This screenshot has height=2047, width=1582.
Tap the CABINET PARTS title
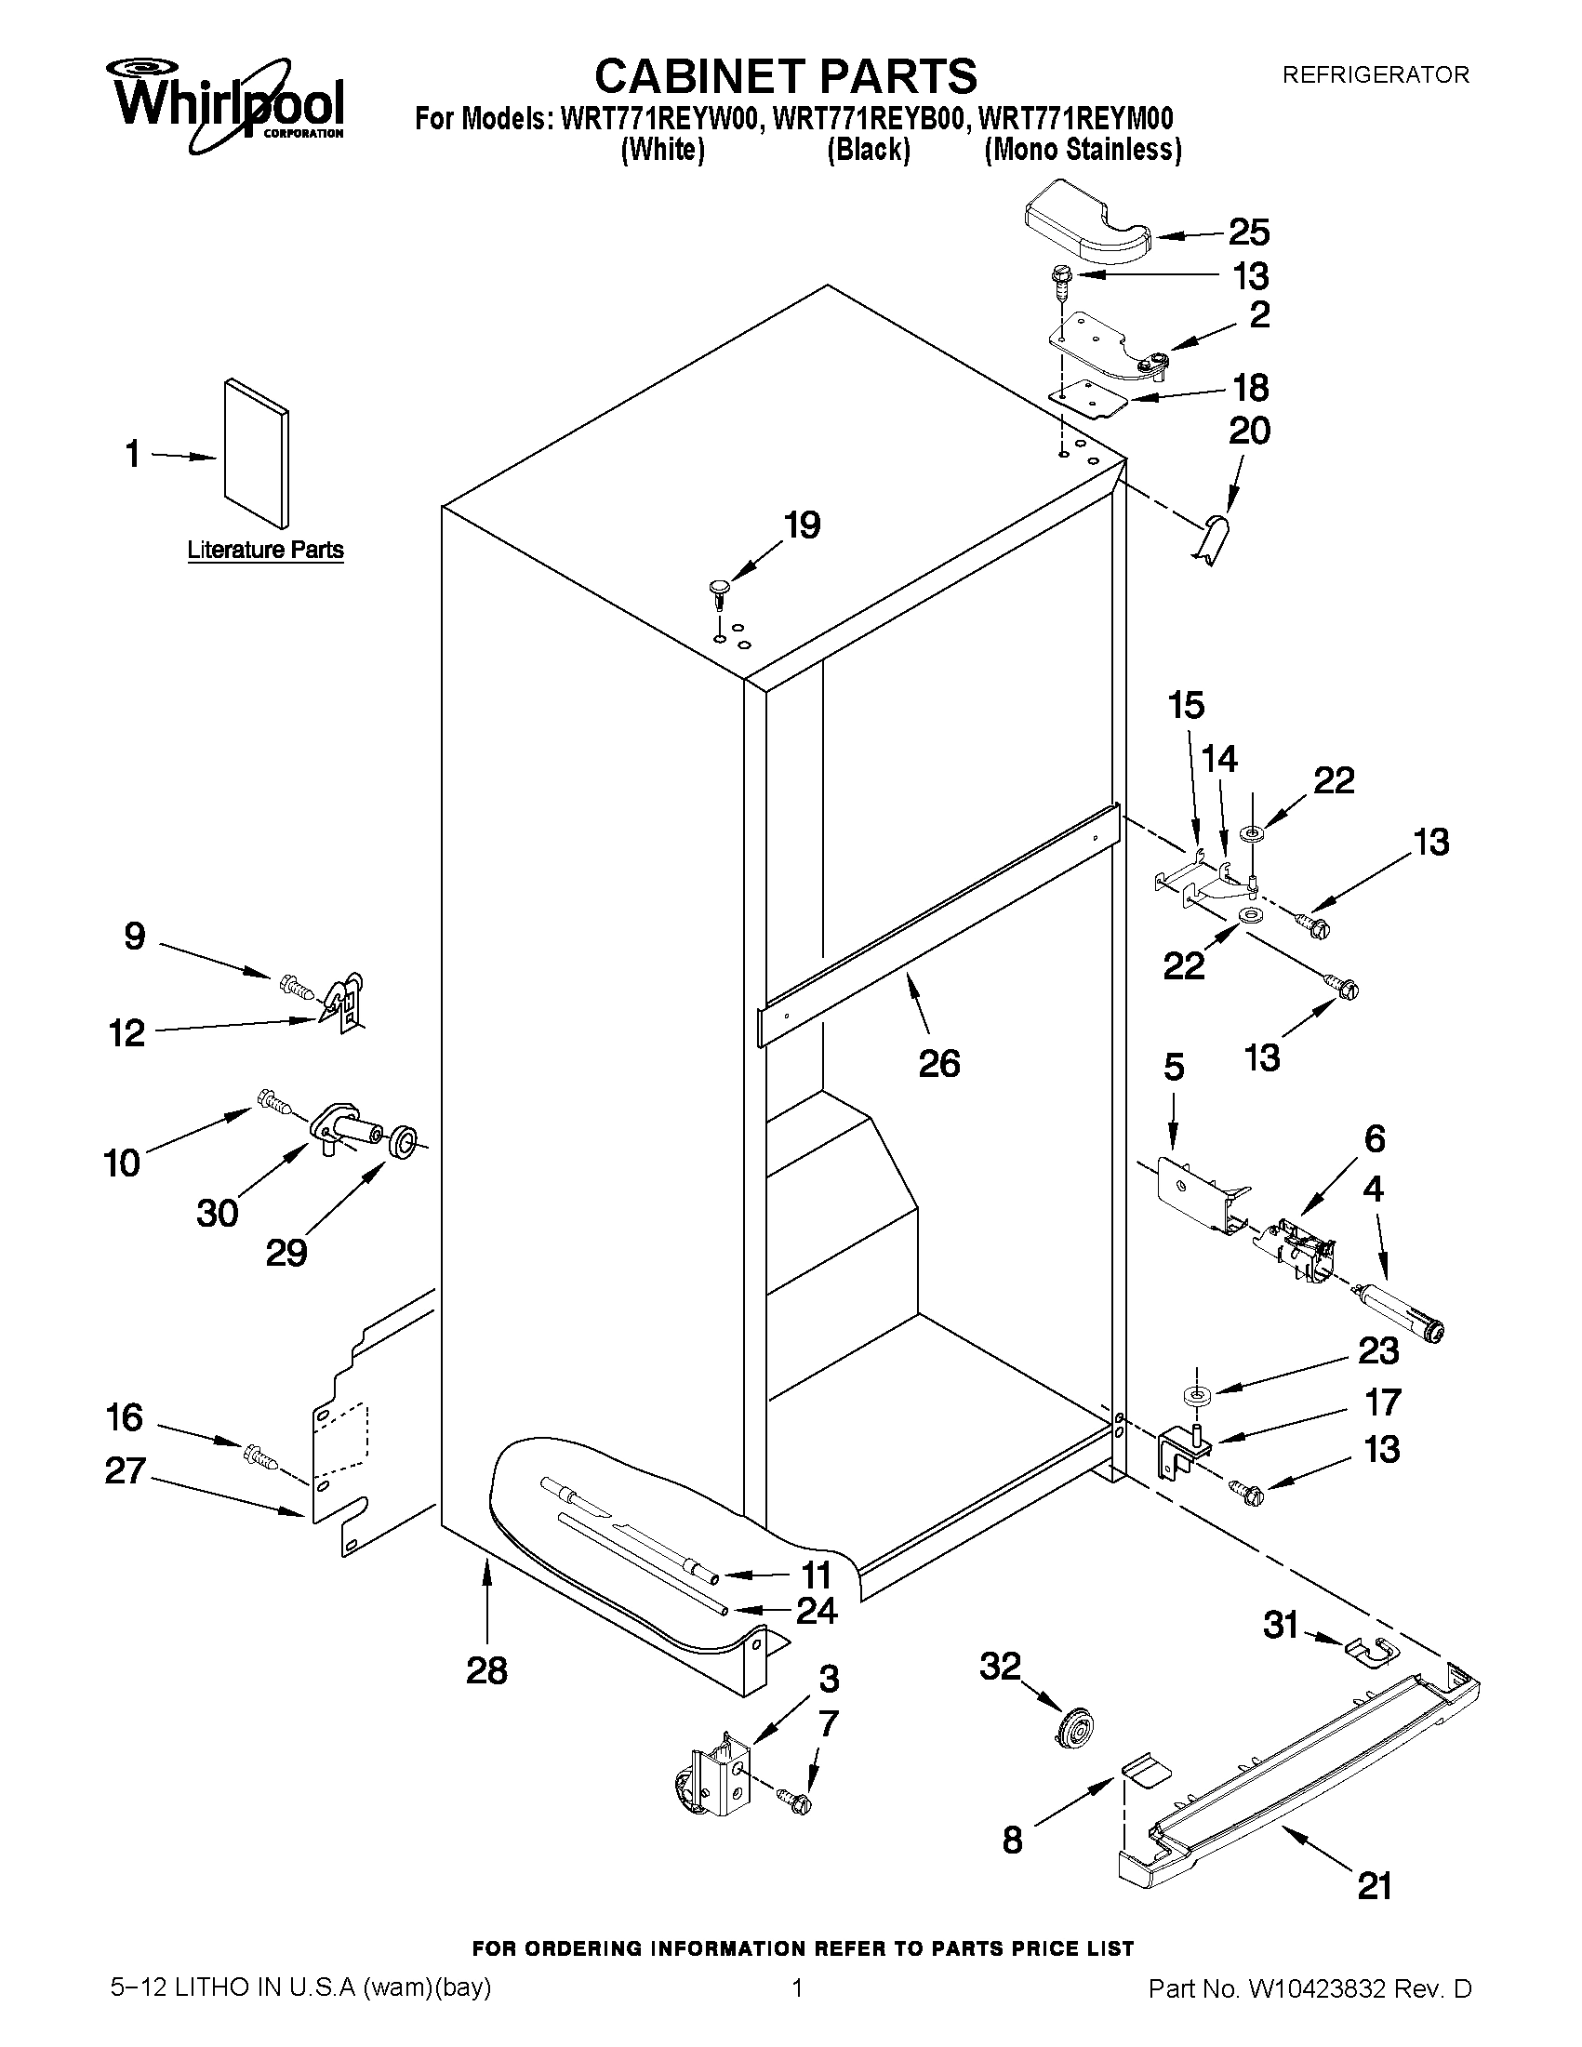pyautogui.click(x=785, y=75)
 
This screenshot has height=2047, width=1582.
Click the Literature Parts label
pyautogui.click(x=265, y=550)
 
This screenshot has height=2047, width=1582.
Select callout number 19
pyautogui.click(x=802, y=525)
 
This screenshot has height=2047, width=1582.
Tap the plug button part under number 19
pyautogui.click(x=719, y=591)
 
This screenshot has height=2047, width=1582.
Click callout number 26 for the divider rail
pyautogui.click(x=939, y=1063)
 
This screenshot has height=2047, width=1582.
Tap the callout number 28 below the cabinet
pyautogui.click(x=486, y=1670)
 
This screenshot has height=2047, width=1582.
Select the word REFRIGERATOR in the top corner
pyautogui.click(x=1375, y=75)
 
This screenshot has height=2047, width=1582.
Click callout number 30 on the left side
pyautogui.click(x=217, y=1213)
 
